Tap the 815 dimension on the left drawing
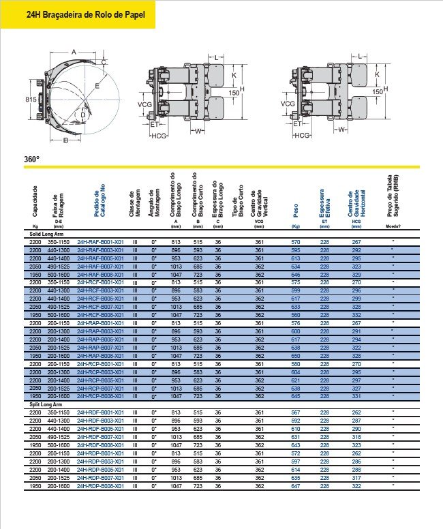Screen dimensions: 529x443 tap(31, 100)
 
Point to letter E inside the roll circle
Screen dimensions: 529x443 tap(97, 86)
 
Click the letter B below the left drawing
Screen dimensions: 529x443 tap(65, 141)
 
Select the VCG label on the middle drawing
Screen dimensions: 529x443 tap(144, 104)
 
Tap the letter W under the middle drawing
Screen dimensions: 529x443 tap(198, 130)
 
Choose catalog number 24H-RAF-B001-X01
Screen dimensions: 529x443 tap(100, 242)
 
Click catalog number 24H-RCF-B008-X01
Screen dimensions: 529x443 tap(100, 315)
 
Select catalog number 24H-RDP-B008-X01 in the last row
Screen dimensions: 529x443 tap(100, 486)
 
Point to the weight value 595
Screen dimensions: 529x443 tap(295, 250)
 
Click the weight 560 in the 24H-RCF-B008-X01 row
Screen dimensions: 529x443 tap(295, 315)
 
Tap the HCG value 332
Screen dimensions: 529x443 tap(356, 315)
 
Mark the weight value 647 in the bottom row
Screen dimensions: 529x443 tap(295, 486)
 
